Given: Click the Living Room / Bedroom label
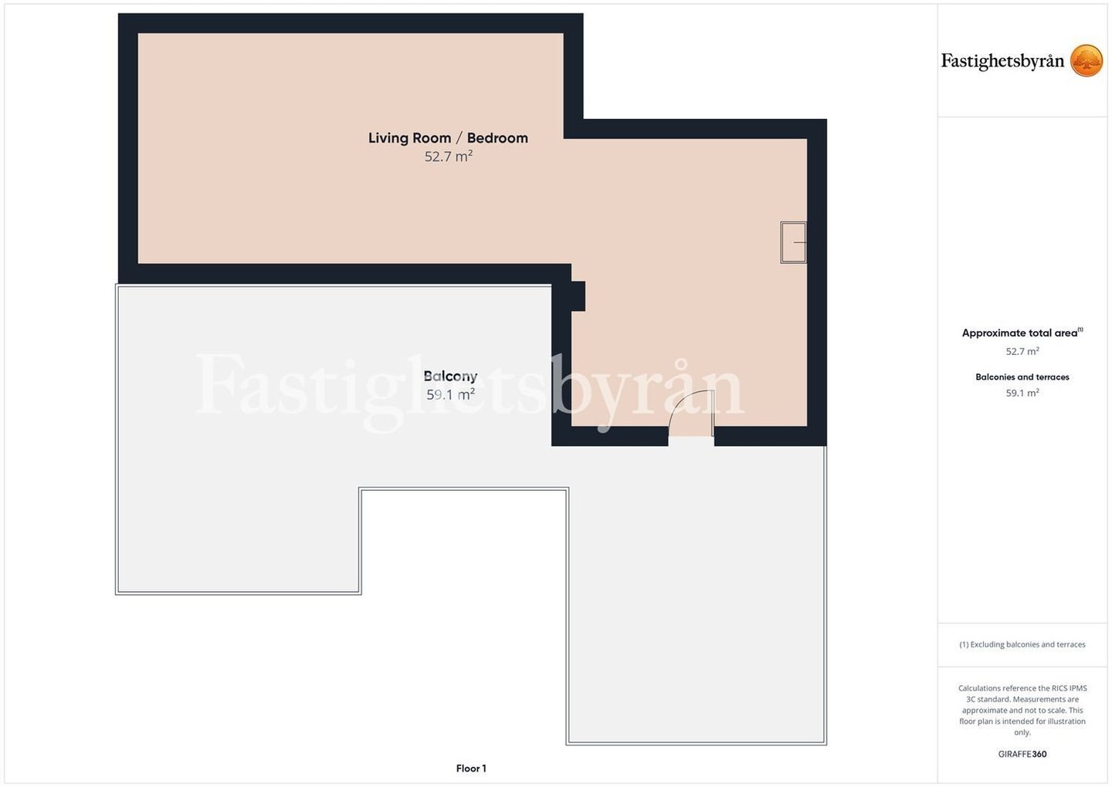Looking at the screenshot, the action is pos(448,138).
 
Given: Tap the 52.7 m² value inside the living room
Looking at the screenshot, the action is pos(448,156).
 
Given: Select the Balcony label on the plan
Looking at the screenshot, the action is pos(450,377).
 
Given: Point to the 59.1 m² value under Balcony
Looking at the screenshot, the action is pos(450,394).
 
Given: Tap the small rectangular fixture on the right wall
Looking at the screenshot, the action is pos(793,242).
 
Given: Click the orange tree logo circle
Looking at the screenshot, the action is pos(1087,60).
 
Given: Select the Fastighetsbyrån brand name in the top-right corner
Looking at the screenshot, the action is pos(1002,62).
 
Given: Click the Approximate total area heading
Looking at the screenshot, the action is pos(1019,333).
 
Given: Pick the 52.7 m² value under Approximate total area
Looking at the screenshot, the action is pos(1022,352).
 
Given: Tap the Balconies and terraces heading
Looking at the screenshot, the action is pos(1022,377).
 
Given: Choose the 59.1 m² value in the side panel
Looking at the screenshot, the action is pos(1022,393).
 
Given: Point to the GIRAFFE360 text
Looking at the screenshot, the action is pos(1022,754).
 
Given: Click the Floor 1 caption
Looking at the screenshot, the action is pos(471,768).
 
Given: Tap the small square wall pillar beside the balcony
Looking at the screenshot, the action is pos(578,296).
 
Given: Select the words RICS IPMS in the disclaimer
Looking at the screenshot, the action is pos(1069,688).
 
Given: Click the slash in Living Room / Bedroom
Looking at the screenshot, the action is pos(459,138).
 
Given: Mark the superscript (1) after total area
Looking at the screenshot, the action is pos(1080,329).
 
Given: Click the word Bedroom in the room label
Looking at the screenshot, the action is pos(497,138).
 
